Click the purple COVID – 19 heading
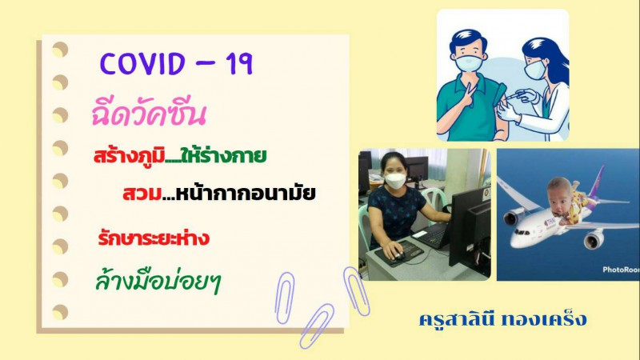(176, 64)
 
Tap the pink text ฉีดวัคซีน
(149, 114)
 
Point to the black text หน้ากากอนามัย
(246, 192)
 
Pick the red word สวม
(142, 194)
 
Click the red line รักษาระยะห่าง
(154, 237)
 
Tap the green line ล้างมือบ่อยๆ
(158, 282)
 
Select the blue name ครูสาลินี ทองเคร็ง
(503, 319)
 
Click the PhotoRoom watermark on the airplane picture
(621, 270)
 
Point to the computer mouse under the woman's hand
(397, 256)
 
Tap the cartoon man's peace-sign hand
(467, 97)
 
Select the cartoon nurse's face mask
(534, 69)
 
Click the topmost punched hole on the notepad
(60, 49)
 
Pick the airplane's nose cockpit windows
(518, 233)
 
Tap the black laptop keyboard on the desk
(430, 235)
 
